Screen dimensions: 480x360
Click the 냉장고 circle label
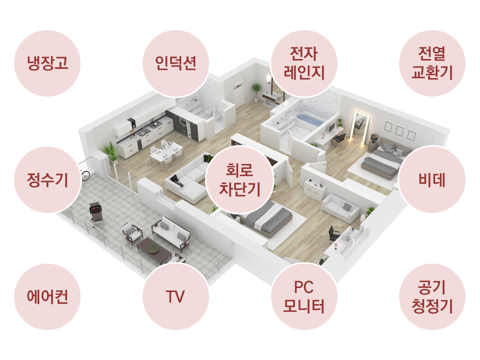[47, 63]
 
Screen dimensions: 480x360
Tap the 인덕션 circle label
[175, 63]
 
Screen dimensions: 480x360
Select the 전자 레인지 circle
[304, 63]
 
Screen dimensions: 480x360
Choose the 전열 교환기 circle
[432, 63]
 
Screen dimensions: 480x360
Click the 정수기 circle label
[47, 179]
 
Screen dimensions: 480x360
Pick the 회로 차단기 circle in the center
[239, 179]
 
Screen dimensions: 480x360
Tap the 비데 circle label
[432, 179]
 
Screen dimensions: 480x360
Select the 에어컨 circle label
[47, 296]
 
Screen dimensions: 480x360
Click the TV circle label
[175, 296]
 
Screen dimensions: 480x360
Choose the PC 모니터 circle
[304, 296]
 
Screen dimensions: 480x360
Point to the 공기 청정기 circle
[432, 296]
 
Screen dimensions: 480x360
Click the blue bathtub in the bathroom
[308, 120]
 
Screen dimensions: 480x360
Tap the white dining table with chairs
[166, 152]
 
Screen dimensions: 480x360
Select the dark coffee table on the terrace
[154, 250]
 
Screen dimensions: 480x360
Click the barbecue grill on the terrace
[96, 213]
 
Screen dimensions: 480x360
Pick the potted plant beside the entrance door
[256, 92]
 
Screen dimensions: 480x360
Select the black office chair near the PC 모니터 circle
[333, 234]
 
